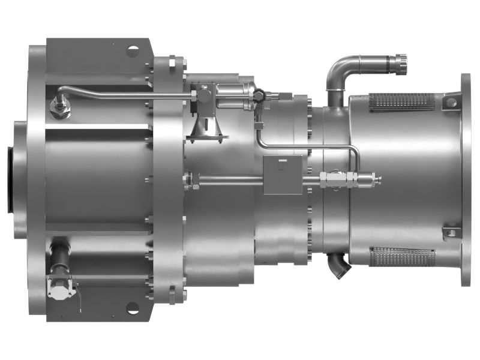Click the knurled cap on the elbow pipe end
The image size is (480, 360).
click(x=398, y=62)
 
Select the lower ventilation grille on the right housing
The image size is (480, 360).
click(x=402, y=257)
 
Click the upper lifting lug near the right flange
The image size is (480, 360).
click(x=451, y=101)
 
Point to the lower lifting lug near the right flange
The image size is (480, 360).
click(x=451, y=233)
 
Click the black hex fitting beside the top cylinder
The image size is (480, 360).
click(x=259, y=95)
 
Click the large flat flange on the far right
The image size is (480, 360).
click(x=466, y=180)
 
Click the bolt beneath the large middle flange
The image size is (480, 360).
click(x=172, y=293)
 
